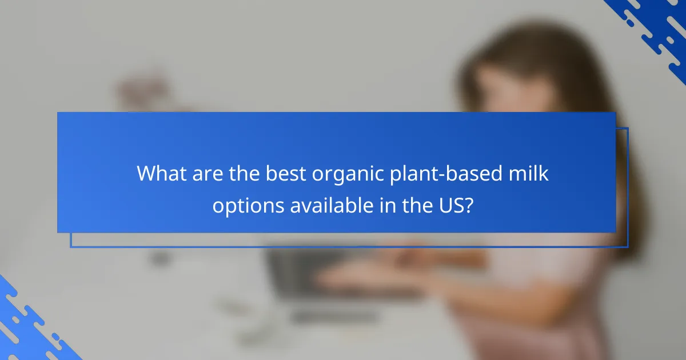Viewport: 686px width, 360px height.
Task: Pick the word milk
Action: pyautogui.click(x=529, y=174)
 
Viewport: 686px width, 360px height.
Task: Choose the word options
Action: pyautogui.click(x=248, y=205)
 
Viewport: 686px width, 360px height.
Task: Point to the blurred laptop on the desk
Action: pyautogui.click(x=309, y=274)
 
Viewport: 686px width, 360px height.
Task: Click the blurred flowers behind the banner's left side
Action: pyautogui.click(x=137, y=91)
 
